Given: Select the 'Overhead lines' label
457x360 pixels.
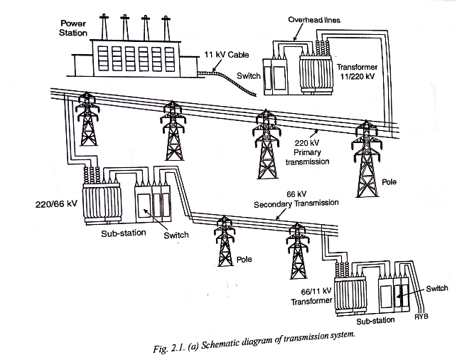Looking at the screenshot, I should [314, 21].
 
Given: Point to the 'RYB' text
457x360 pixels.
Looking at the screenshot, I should [421, 316].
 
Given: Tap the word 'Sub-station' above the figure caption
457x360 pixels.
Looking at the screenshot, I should [373, 321].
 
